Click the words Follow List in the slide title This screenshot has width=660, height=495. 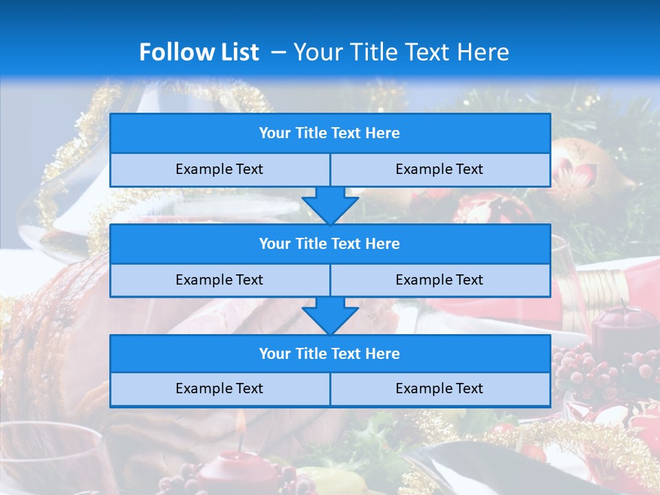[x=199, y=52]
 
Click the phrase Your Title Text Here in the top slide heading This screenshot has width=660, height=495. [x=401, y=52]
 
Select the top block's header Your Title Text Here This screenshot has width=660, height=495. [x=329, y=133]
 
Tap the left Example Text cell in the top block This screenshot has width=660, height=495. [x=219, y=169]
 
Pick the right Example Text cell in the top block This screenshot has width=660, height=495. [x=439, y=169]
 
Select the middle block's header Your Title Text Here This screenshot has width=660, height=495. [x=329, y=243]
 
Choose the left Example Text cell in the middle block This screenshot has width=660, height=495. [x=219, y=280]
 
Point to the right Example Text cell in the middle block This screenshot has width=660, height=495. [x=439, y=280]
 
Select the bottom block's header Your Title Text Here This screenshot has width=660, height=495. [x=329, y=353]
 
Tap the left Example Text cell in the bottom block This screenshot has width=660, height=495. [x=219, y=388]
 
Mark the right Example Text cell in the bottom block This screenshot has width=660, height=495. [x=439, y=388]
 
